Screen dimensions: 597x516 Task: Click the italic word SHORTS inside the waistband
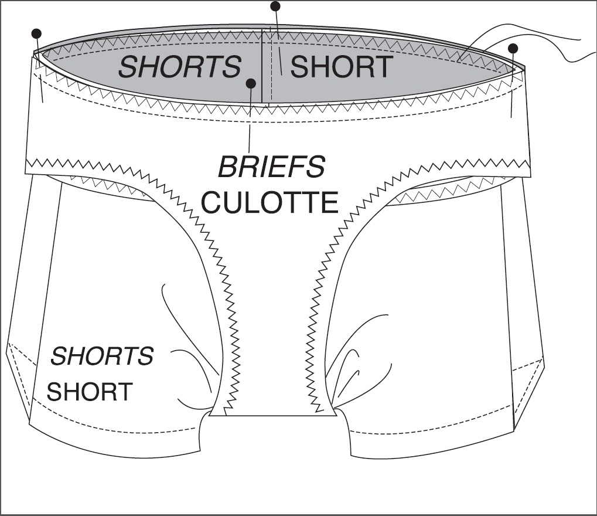pos(180,67)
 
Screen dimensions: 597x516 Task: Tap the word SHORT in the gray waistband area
pos(342,67)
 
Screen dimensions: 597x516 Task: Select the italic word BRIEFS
pos(271,167)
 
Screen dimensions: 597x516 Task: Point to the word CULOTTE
pos(269,202)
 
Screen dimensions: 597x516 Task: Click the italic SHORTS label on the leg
pos(102,356)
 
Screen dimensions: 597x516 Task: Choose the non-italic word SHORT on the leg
pos(90,391)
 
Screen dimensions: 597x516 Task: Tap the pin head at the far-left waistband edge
pos(36,33)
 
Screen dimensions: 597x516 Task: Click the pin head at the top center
pos(275,6)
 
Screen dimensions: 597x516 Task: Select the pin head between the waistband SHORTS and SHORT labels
pos(251,83)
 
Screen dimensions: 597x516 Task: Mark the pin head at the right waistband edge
pos(513,49)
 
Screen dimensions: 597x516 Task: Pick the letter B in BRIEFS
pos(228,167)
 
